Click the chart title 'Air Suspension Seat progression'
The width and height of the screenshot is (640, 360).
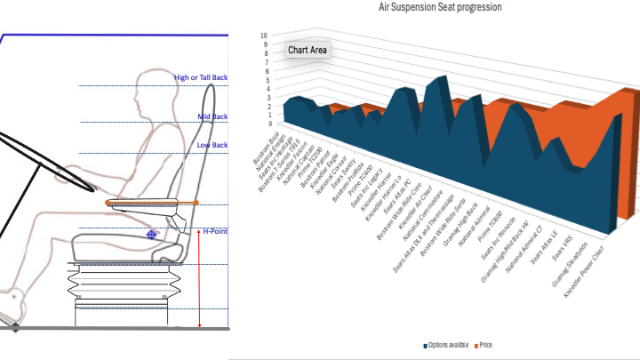point(440,7)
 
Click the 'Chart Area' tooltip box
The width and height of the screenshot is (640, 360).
point(307,50)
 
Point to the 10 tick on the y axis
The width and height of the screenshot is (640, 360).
point(262,36)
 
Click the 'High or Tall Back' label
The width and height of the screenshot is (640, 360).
point(201,78)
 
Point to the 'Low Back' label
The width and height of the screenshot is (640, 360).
point(212,145)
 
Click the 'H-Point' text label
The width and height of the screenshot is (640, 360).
point(215,231)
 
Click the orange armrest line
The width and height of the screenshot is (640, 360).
point(151,204)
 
